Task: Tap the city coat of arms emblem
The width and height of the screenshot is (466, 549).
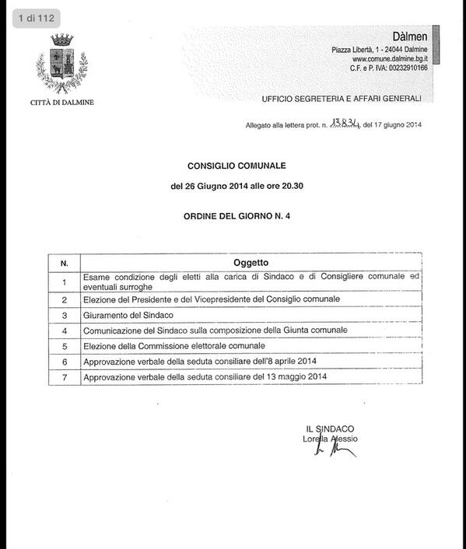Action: pos(62,63)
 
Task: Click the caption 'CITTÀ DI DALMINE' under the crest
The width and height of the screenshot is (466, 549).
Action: pos(62,102)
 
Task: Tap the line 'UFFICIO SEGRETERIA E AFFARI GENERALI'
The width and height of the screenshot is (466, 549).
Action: pos(342,99)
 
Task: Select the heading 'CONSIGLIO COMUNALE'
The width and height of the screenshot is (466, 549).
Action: pos(237,166)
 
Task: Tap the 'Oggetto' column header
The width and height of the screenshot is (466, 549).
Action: pos(251,263)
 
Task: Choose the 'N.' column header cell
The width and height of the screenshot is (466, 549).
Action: pos(65,264)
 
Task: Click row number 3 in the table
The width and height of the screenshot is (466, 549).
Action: pos(65,315)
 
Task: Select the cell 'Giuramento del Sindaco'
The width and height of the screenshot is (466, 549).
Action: pos(128,315)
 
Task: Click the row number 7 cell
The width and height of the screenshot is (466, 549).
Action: pos(65,377)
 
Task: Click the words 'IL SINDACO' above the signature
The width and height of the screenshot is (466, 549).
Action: pos(331,428)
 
